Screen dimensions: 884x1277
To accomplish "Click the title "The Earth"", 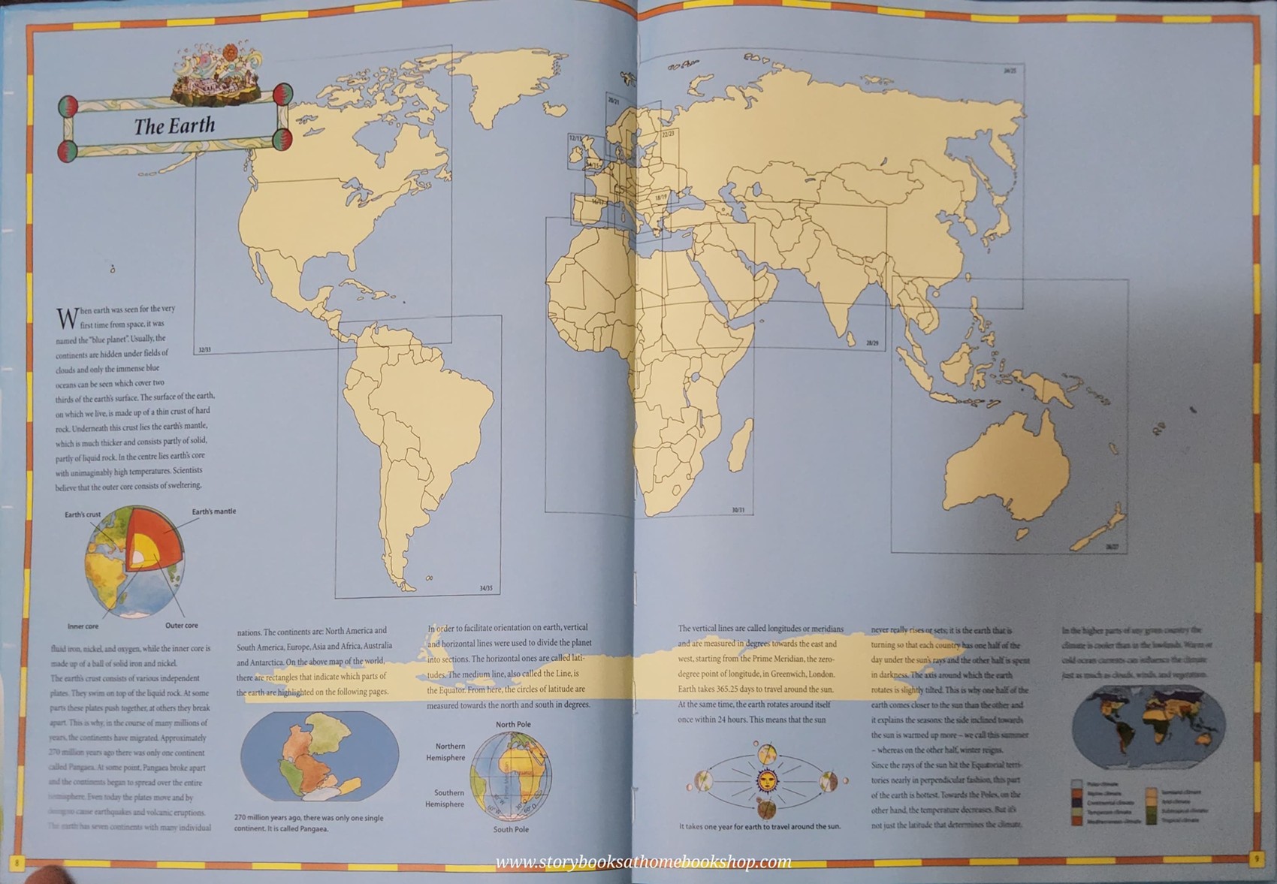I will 174,125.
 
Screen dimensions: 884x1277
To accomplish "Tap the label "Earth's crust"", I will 83,514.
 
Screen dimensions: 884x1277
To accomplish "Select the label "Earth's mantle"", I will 213,511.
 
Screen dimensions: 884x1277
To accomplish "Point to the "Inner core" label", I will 83,626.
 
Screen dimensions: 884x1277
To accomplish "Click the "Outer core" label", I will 182,625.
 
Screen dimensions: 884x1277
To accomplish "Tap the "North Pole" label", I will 513,724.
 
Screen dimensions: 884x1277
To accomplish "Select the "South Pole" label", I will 511,829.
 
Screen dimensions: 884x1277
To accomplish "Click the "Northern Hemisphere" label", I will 451,752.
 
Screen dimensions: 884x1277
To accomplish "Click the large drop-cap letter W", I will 67,318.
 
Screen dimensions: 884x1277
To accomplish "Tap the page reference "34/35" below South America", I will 485,588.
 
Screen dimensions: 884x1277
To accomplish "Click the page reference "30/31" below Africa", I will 738,510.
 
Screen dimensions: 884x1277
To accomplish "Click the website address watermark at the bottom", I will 643,861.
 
